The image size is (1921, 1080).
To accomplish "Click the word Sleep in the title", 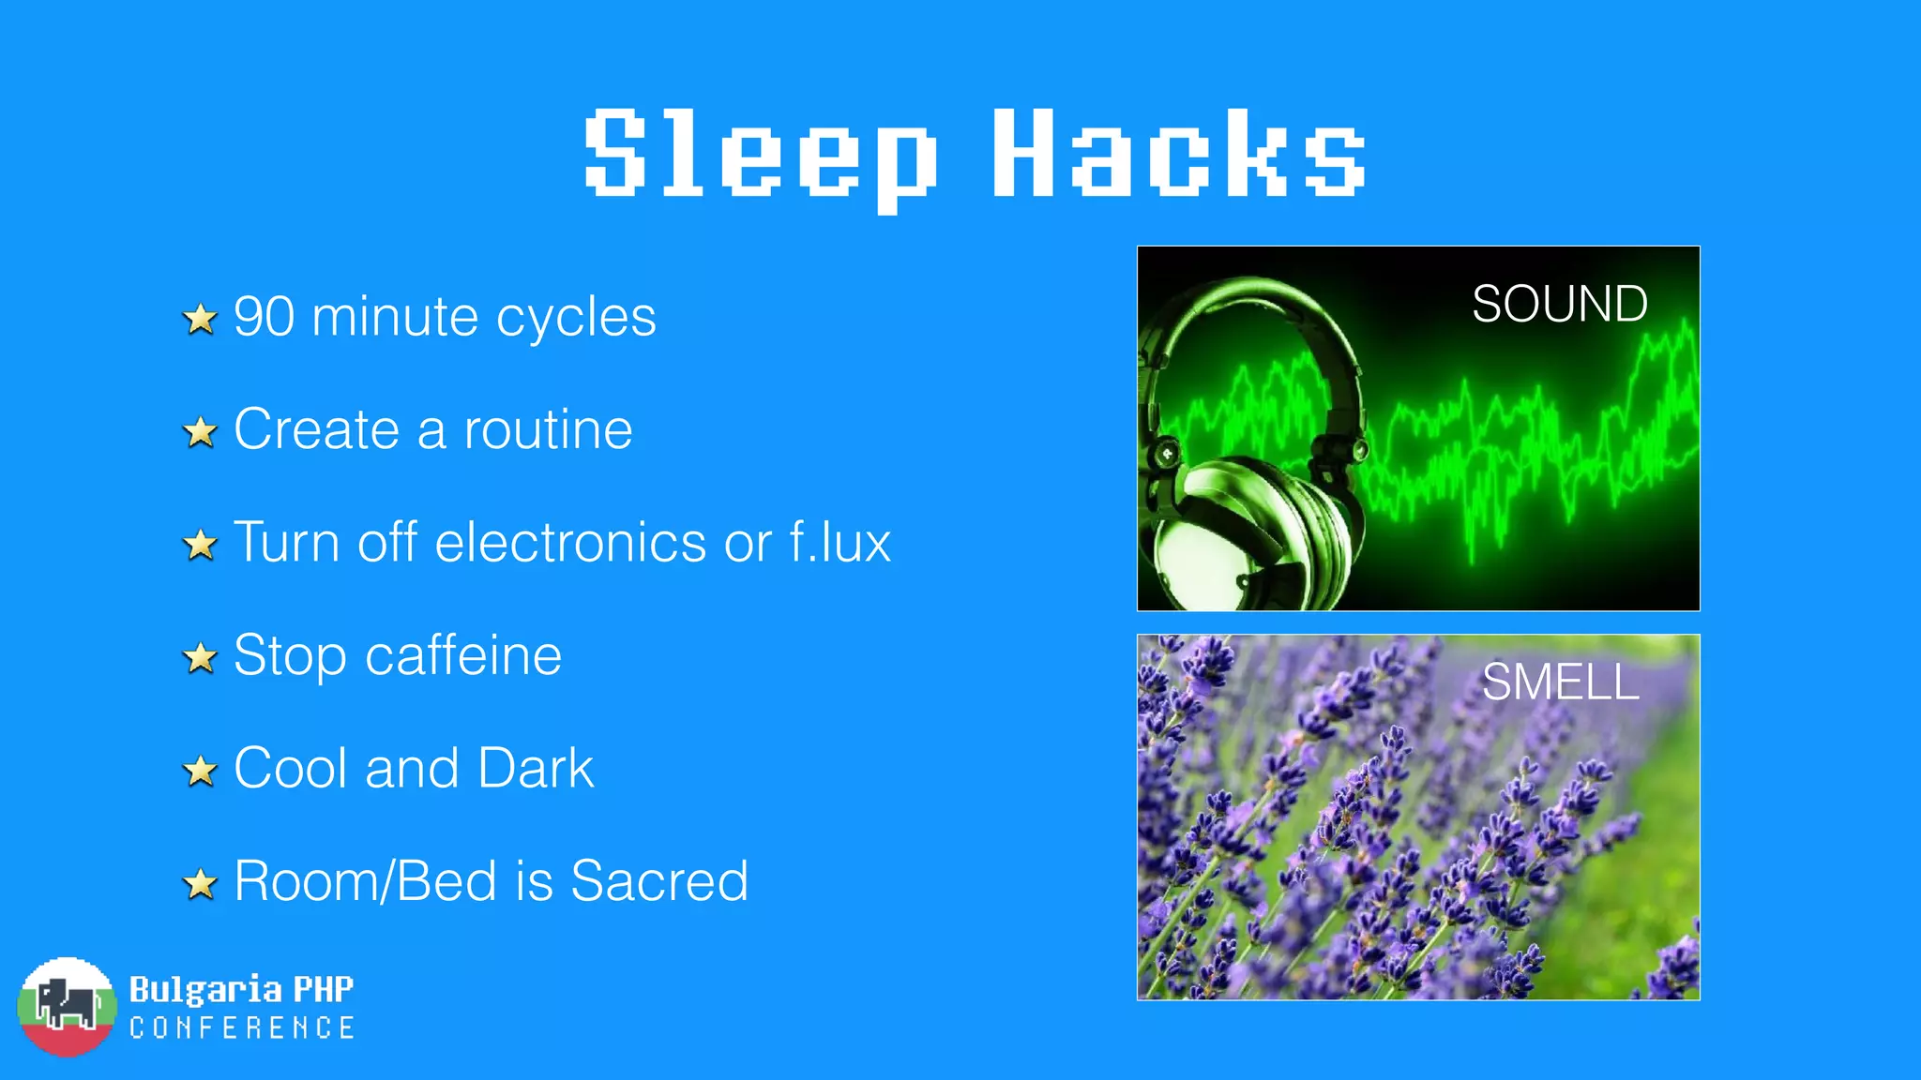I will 760,155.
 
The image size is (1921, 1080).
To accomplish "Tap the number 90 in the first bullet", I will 264,317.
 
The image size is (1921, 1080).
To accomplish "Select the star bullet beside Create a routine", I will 200,432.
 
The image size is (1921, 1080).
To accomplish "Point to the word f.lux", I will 839,543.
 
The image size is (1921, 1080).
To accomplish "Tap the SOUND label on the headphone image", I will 1559,304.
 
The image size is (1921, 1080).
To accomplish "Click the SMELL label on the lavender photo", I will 1560,682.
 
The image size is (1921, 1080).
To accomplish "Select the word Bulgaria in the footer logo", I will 205,989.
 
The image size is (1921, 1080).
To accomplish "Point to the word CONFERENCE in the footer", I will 242,1028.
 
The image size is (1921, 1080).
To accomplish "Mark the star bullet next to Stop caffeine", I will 200,658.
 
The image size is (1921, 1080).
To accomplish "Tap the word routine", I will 548,430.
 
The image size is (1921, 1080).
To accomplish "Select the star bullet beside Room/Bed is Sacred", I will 200,884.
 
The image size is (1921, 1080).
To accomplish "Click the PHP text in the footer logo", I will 324,989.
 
